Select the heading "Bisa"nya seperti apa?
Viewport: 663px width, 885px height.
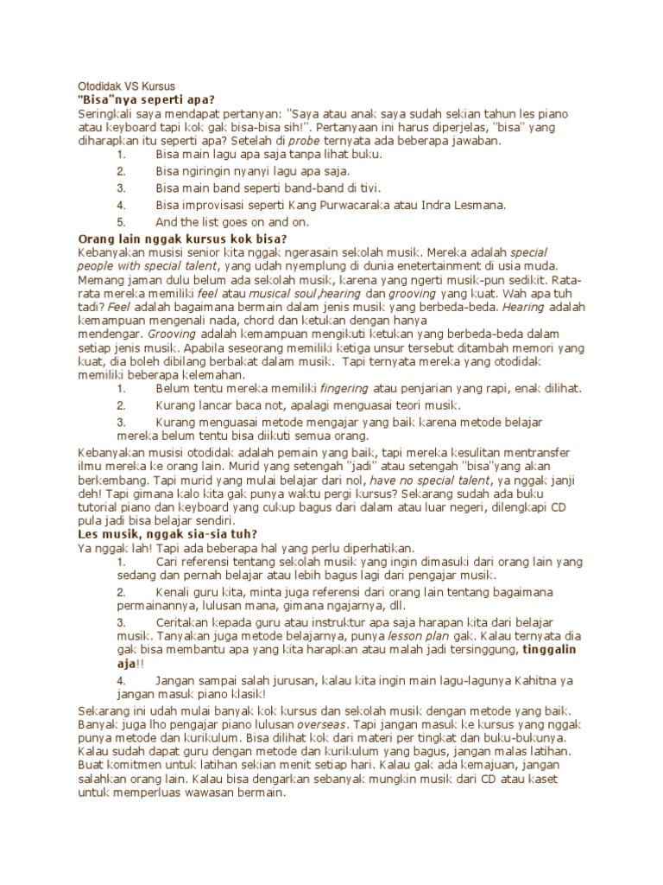146,99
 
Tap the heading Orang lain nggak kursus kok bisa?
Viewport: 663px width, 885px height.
182,239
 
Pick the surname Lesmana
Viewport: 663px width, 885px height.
478,205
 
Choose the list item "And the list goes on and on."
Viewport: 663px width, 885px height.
232,222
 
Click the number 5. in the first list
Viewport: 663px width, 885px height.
122,222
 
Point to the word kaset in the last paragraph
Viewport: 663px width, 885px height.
543,780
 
